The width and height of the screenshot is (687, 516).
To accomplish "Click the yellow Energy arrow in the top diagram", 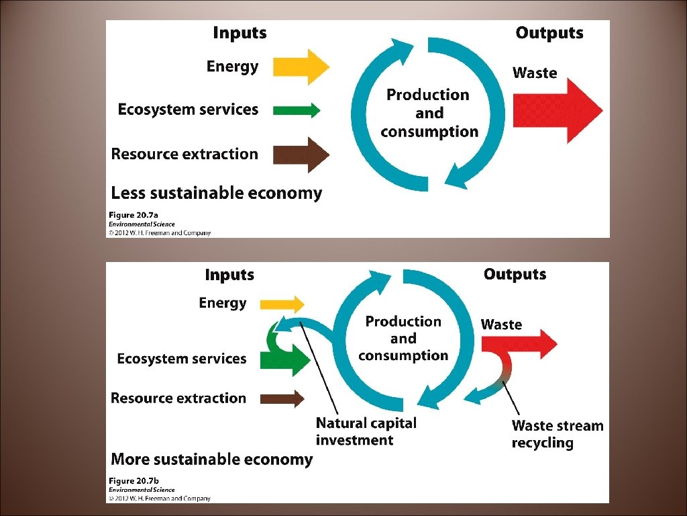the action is (x=301, y=67).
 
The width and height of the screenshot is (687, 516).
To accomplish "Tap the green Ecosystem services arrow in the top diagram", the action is (x=297, y=110).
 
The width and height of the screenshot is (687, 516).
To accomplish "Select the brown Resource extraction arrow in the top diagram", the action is (x=301, y=155).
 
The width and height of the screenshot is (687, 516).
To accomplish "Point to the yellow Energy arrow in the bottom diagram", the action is (x=282, y=304).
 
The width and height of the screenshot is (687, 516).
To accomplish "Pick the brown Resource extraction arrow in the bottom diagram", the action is (x=282, y=399).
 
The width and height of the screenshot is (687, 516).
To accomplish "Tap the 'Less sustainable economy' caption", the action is (x=216, y=193).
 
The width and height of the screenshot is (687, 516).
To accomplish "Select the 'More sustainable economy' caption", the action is (x=211, y=460).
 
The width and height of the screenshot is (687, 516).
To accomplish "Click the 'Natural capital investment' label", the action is (x=366, y=431).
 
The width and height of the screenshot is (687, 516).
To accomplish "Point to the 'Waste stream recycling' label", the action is (x=557, y=434).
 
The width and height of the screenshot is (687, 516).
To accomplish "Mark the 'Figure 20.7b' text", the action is (x=134, y=481).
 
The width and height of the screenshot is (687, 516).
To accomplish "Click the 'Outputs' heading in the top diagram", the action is (x=549, y=33).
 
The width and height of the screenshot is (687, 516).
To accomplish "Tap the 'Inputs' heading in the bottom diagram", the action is (x=229, y=275).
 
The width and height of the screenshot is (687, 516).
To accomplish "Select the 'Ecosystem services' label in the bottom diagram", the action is (x=181, y=359).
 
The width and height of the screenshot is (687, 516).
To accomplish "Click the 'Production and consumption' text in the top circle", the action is (x=429, y=114).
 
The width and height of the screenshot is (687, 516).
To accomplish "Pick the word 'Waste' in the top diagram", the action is (x=535, y=73).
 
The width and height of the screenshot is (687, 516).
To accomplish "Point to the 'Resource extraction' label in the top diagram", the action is (x=184, y=154).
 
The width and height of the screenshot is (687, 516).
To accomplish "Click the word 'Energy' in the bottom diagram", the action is (x=223, y=303).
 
